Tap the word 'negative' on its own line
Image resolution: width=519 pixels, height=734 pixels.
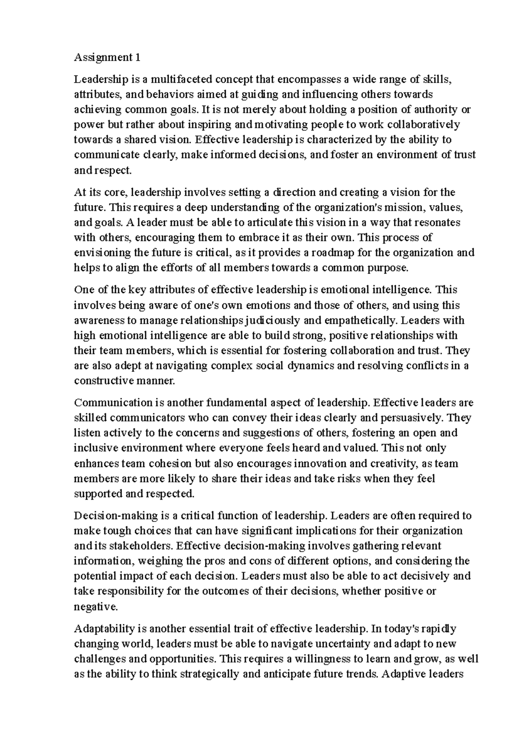pyautogui.click(x=95, y=607)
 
